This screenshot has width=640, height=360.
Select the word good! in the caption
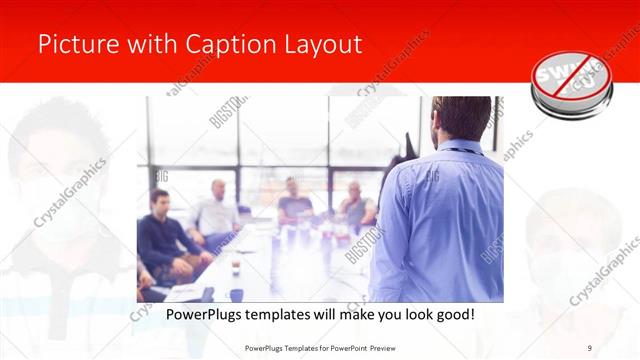[453, 314]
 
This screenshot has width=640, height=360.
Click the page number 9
[590, 346]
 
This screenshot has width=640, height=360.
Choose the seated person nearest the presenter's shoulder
[357, 205]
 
